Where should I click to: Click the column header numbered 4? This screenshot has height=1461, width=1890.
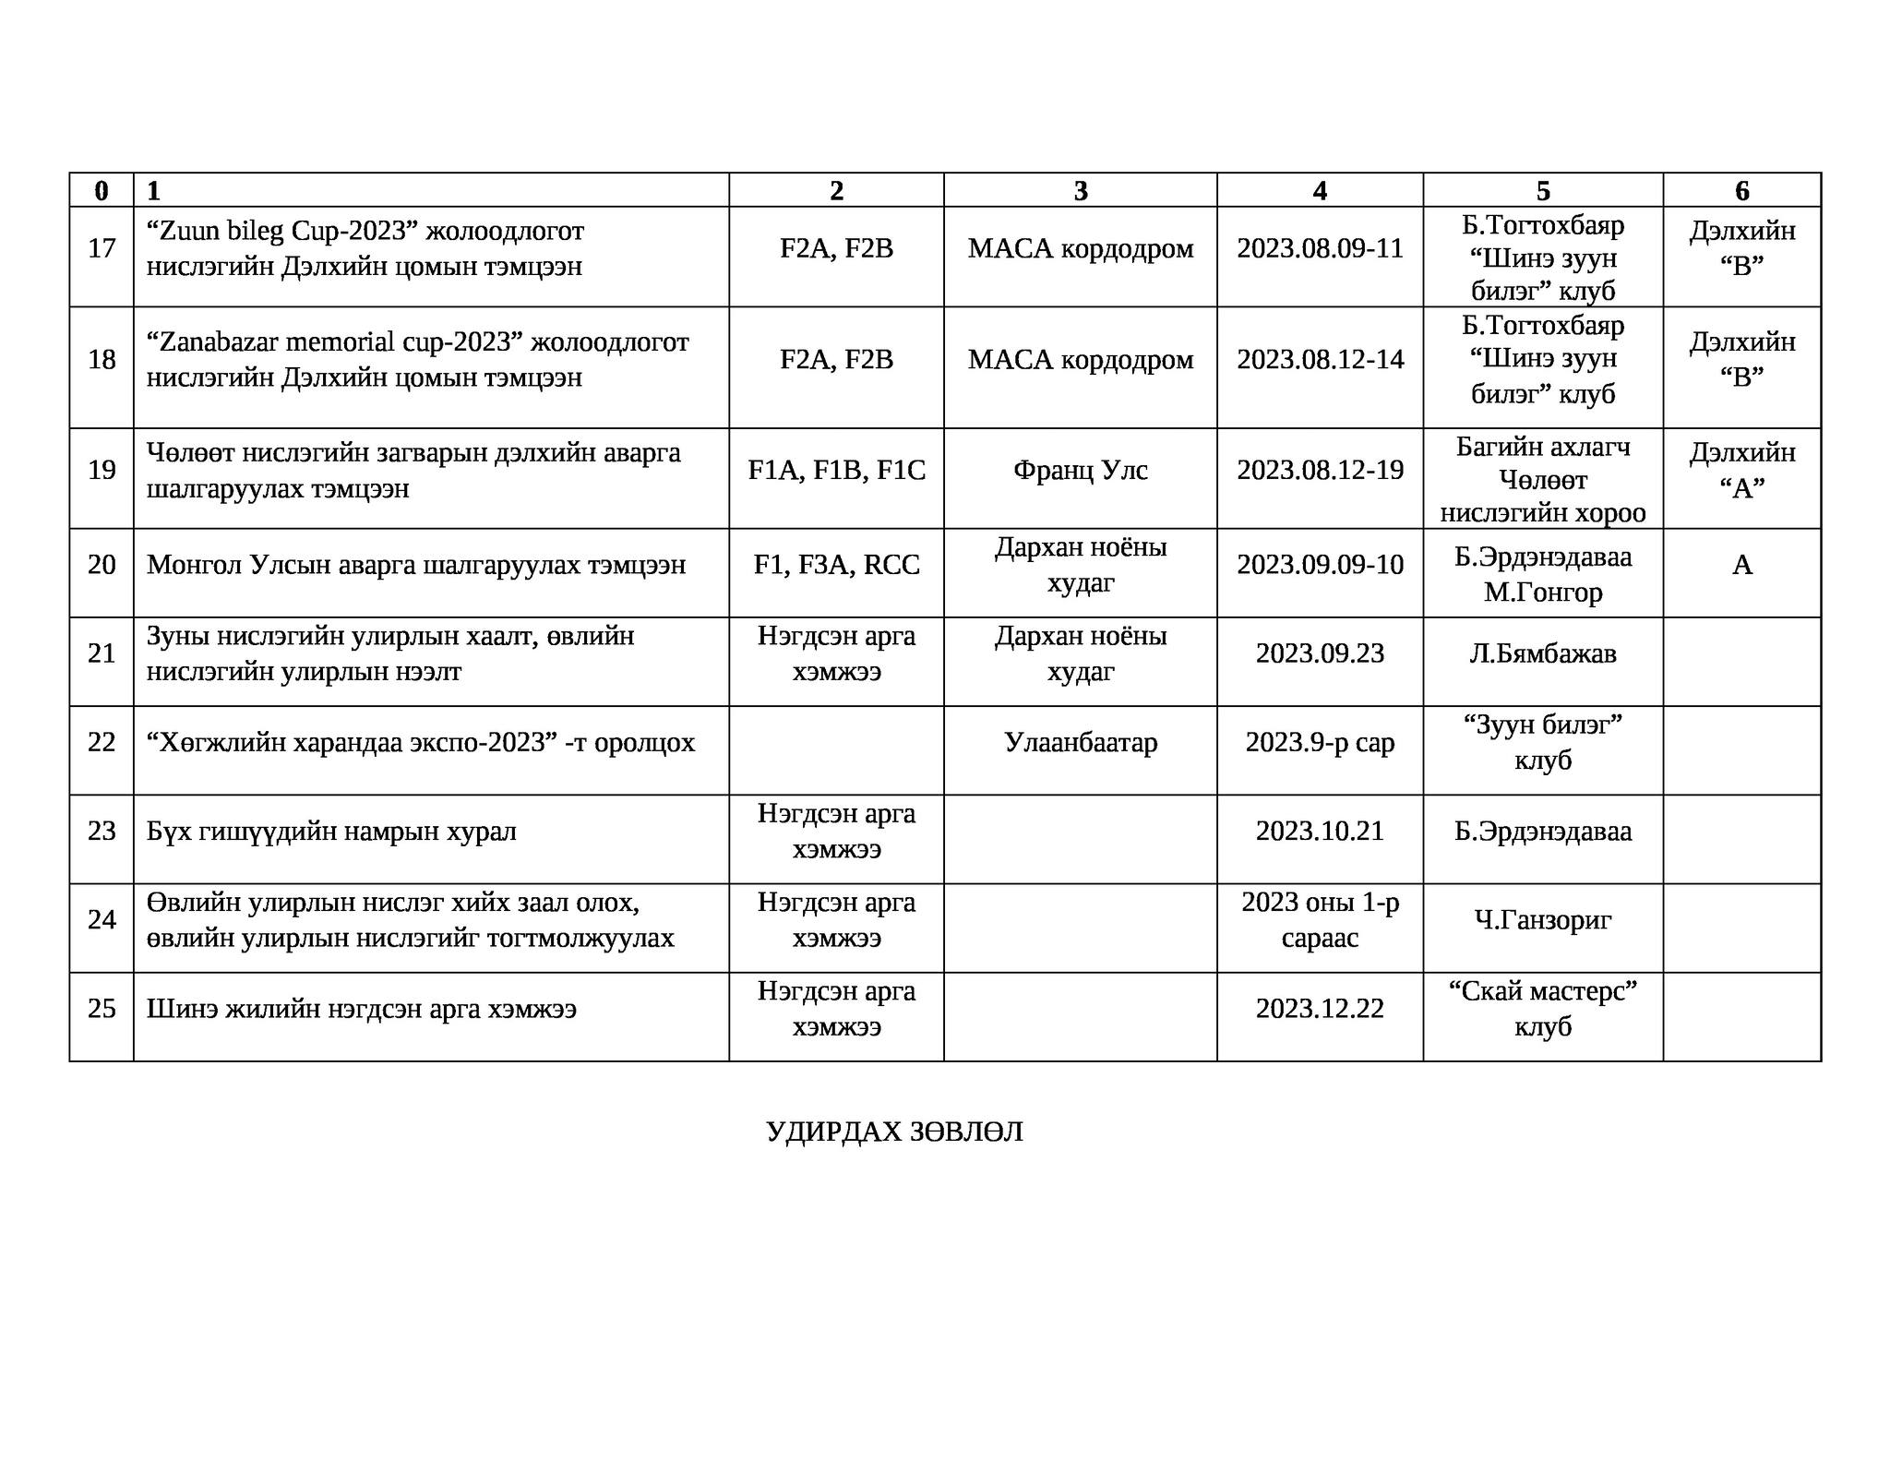click(x=1320, y=191)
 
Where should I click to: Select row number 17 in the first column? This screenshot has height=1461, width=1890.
click(x=102, y=248)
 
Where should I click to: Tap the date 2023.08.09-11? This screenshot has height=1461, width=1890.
click(x=1320, y=248)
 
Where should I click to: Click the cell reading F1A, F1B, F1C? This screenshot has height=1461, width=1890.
click(x=836, y=471)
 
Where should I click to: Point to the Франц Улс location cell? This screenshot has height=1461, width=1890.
click(x=1080, y=471)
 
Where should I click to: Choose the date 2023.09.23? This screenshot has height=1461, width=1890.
click(x=1320, y=653)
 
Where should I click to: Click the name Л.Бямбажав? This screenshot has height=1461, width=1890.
click(x=1542, y=653)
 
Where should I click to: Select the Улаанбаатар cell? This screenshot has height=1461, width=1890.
click(x=1080, y=743)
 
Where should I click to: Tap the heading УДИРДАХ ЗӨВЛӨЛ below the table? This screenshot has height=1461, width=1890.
click(x=894, y=1132)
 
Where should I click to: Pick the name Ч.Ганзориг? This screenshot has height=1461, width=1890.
click(x=1542, y=920)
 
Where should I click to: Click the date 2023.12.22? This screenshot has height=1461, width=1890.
click(x=1320, y=1009)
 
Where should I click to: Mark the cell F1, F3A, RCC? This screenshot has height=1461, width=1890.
click(x=836, y=565)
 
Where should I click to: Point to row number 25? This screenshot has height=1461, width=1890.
click(x=102, y=1009)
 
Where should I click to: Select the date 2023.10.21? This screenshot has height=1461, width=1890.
click(x=1320, y=832)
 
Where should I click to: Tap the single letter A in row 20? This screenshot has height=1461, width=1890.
click(x=1741, y=565)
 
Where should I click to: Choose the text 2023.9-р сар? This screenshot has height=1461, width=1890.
click(x=1320, y=743)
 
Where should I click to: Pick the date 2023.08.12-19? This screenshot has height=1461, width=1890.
click(x=1320, y=471)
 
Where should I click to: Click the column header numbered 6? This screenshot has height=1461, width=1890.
click(x=1741, y=191)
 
